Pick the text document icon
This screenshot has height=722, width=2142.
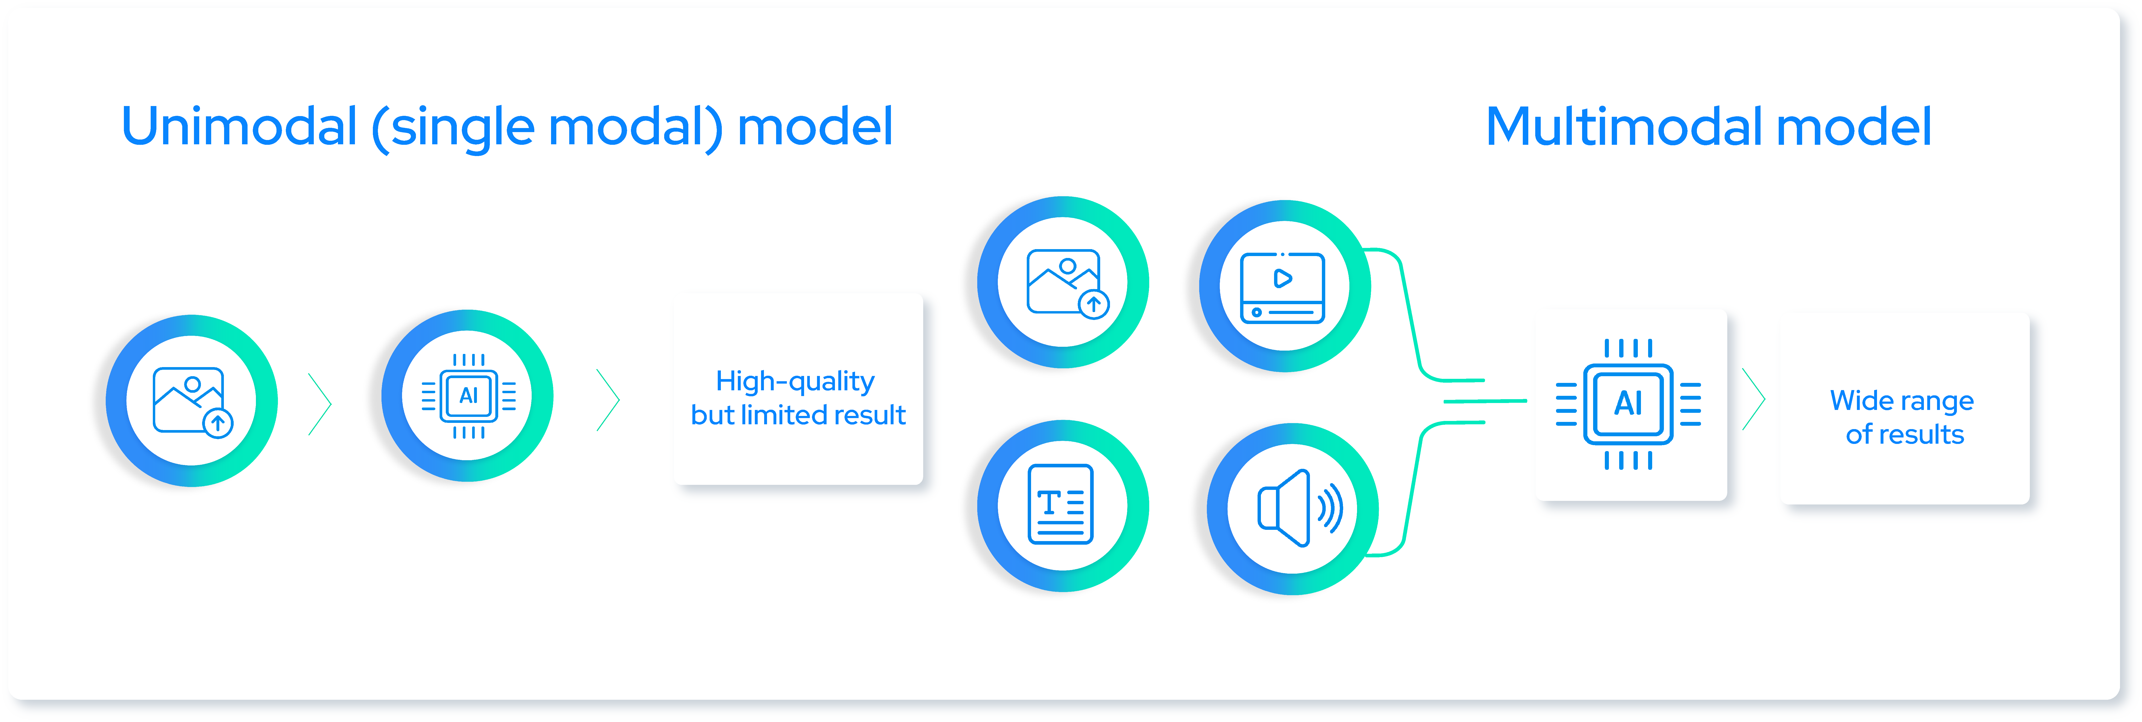pyautogui.click(x=1061, y=504)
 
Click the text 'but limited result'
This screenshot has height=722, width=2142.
pyautogui.click(x=798, y=415)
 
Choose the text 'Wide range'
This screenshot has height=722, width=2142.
pyautogui.click(x=1902, y=401)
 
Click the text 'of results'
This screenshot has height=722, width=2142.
pyautogui.click(x=1904, y=434)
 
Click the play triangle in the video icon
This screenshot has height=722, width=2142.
pyautogui.click(x=1283, y=279)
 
